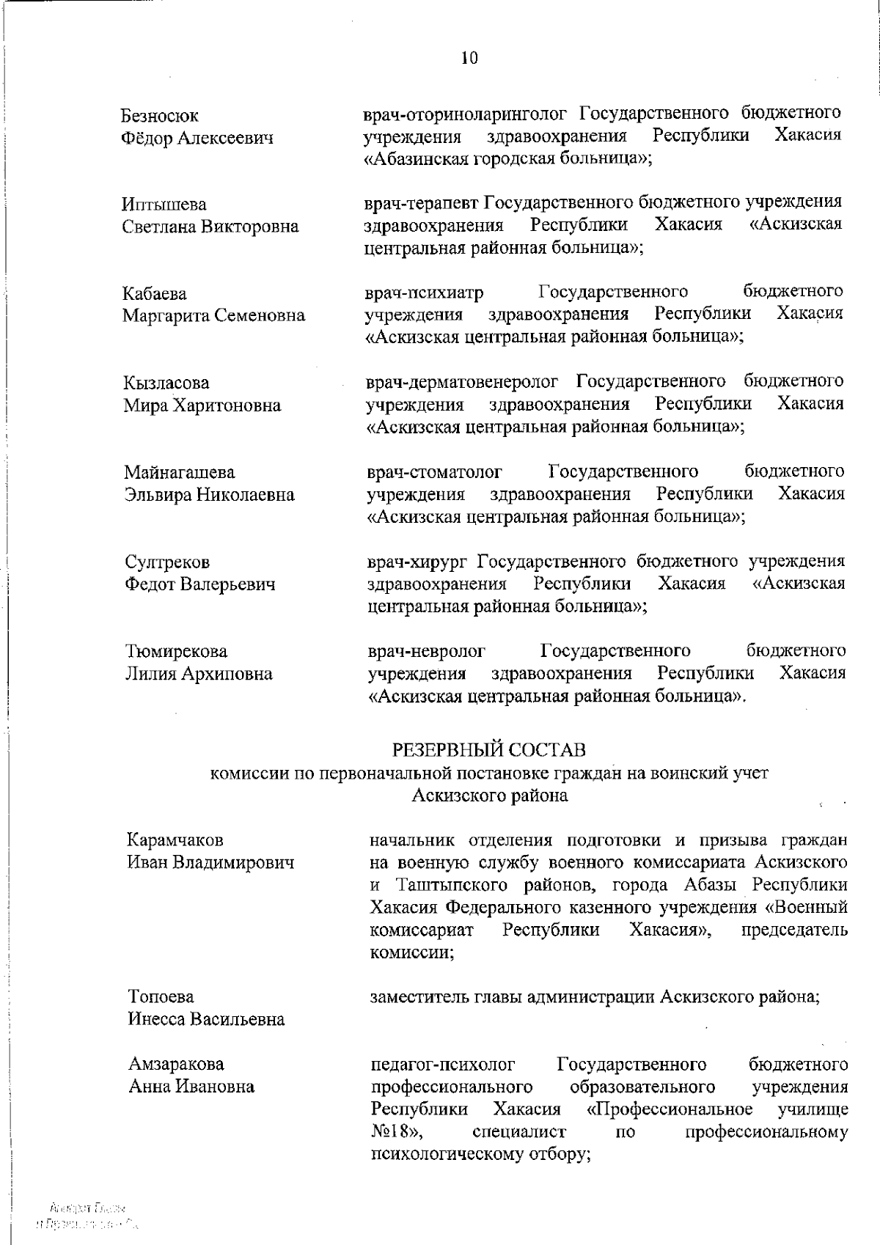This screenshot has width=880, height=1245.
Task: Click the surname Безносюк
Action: pos(159,116)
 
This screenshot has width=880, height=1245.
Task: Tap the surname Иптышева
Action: pos(164,205)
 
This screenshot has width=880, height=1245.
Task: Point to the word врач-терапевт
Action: pos(422,202)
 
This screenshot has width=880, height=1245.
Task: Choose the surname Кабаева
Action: pos(155,294)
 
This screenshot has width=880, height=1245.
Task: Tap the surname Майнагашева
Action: pos(180,472)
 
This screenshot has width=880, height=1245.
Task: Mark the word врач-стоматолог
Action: pos(435,472)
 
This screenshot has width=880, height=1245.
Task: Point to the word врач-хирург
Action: pos(417,562)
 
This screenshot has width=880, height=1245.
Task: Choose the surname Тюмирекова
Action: pos(176,651)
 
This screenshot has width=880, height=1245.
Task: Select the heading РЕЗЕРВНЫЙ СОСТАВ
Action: pos(489,750)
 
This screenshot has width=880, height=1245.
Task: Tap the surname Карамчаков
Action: pos(175,840)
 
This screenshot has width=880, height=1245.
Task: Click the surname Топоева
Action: pos(161,996)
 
